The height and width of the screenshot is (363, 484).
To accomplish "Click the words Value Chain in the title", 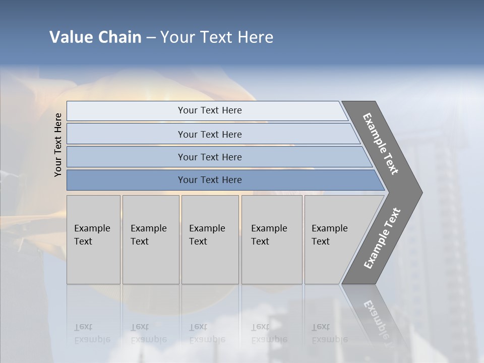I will click(95, 37).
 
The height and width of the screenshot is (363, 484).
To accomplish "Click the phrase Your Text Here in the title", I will click(217, 37).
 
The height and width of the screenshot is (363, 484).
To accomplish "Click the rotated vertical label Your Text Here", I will click(58, 145).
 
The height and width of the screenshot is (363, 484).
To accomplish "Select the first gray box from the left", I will click(93, 239).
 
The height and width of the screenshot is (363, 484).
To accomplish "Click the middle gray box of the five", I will click(210, 239).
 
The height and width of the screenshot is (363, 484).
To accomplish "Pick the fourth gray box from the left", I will click(272, 239).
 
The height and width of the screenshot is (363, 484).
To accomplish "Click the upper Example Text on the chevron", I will click(381, 144).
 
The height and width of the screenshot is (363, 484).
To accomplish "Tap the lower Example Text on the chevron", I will click(382, 238).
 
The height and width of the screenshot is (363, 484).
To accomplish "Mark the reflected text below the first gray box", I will click(92, 333).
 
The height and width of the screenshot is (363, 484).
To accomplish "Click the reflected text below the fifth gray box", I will click(329, 333).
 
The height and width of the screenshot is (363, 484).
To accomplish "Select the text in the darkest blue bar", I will click(210, 180).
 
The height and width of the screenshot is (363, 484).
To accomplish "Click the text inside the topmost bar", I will click(210, 110).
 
